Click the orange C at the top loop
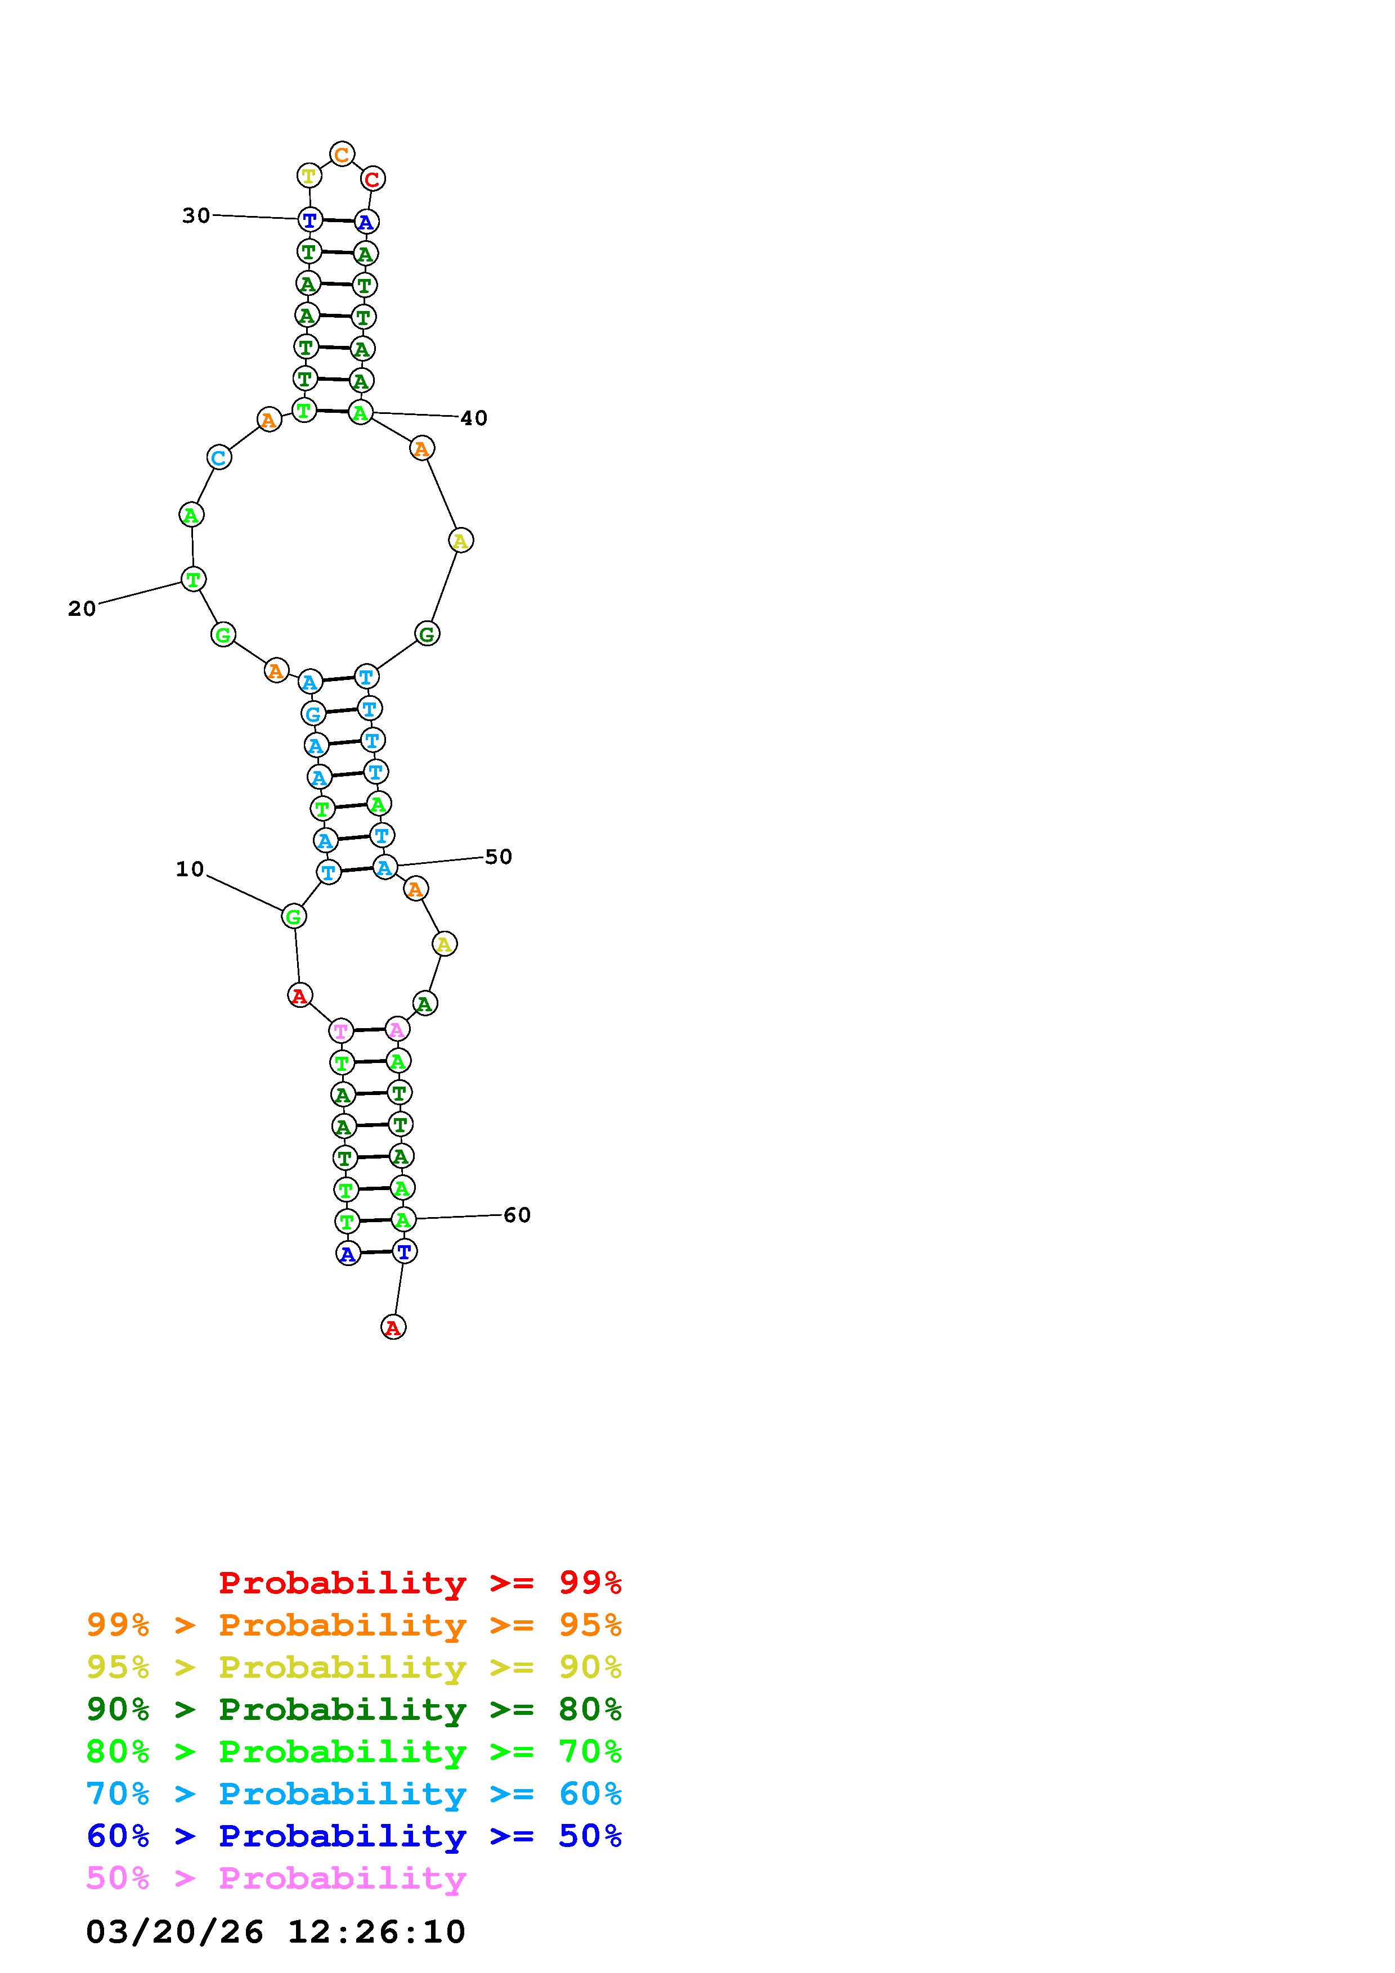[342, 155]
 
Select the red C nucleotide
[372, 179]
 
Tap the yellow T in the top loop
[308, 176]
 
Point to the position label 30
[196, 215]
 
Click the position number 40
[474, 418]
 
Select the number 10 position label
[190, 870]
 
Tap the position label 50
[499, 857]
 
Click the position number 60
[517, 1215]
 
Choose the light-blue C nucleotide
[219, 457]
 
